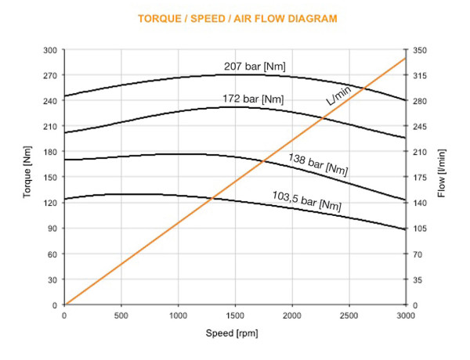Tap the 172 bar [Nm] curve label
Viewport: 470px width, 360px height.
point(250,99)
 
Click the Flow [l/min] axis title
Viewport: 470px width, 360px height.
point(442,178)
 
